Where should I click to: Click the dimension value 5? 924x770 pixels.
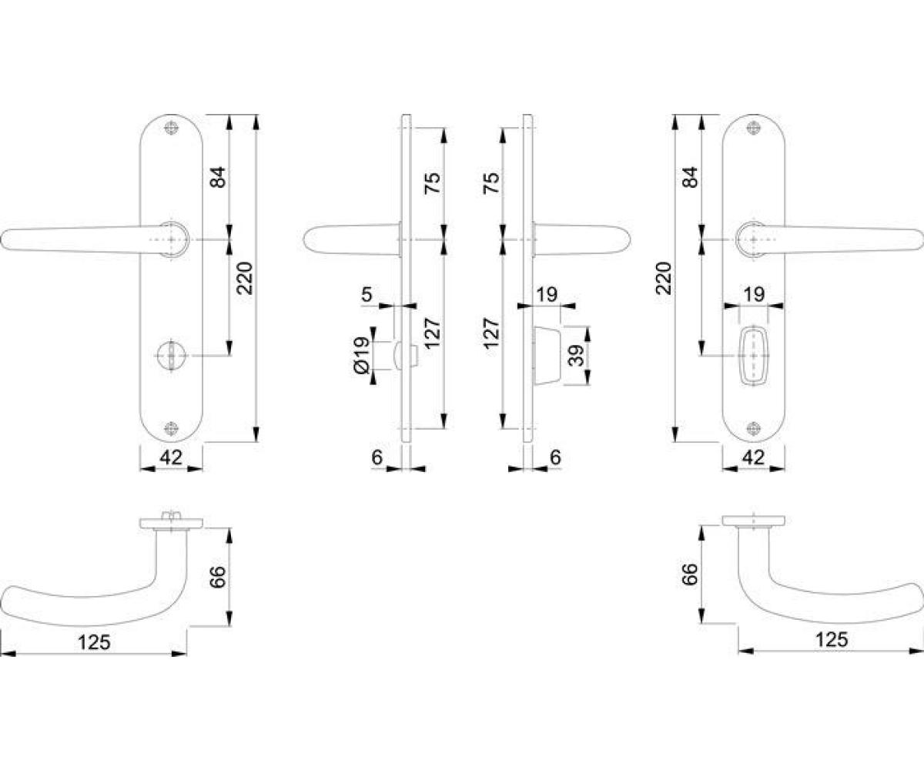pos(367,294)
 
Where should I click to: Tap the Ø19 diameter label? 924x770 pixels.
pos(363,356)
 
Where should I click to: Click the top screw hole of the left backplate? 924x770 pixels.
pos(171,128)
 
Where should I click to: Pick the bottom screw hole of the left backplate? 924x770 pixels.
pos(171,428)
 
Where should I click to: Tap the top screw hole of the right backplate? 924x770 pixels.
pos(753,128)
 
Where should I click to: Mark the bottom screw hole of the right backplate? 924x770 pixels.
pos(753,428)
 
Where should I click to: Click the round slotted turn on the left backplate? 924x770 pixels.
pos(171,355)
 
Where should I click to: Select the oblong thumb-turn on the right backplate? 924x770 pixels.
pos(753,355)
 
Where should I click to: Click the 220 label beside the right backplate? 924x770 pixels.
pos(665,278)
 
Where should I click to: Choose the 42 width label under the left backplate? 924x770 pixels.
pos(171,457)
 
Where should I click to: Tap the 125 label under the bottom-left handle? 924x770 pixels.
pos(94,642)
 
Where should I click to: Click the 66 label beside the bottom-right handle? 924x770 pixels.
pos(690,574)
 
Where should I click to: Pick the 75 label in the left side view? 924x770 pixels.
pos(432,182)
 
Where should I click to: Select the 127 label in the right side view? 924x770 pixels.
pos(492,333)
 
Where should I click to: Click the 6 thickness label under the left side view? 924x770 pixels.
pos(377,457)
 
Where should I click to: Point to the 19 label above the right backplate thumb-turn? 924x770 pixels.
pos(755,294)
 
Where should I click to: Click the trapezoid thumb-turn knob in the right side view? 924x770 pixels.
pos(547,355)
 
